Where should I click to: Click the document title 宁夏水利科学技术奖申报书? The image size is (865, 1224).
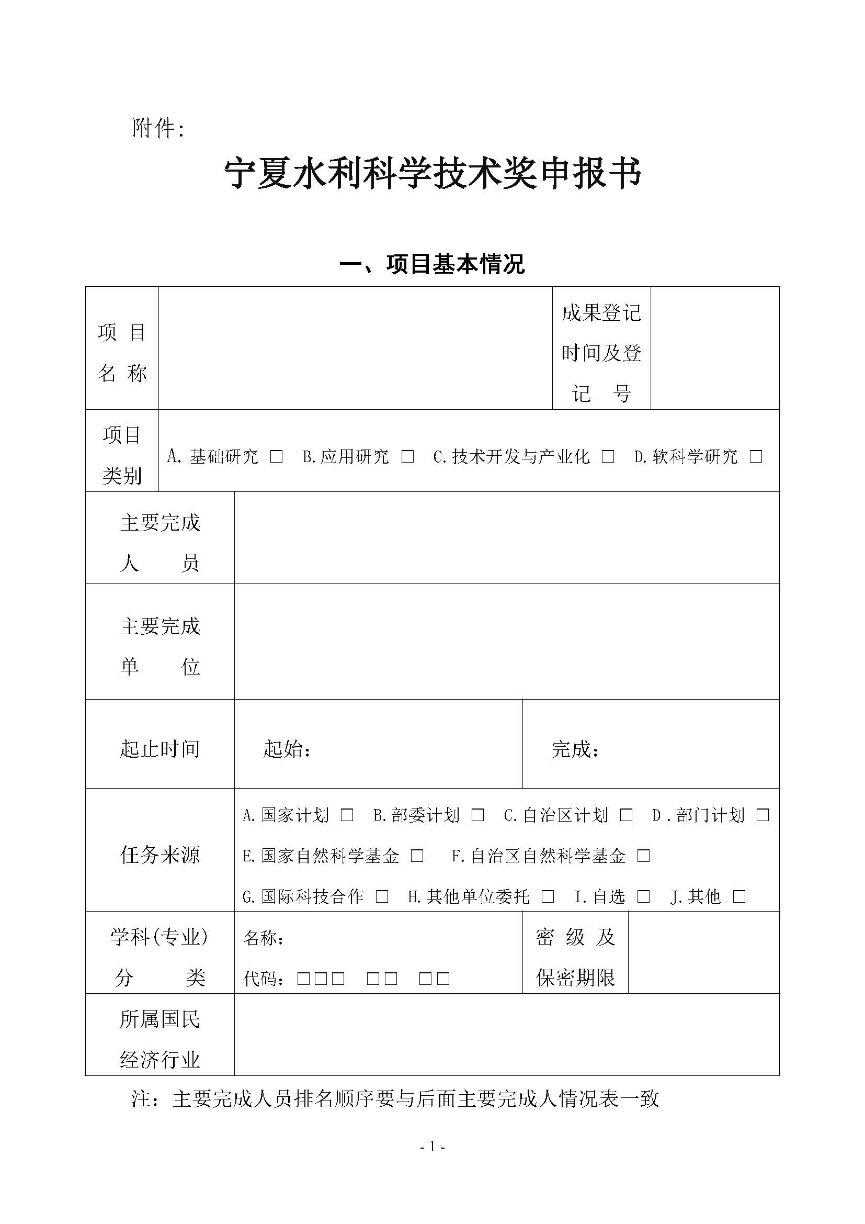tap(432, 174)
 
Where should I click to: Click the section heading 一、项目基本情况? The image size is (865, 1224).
tap(432, 264)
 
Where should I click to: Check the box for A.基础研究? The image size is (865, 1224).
tap(277, 456)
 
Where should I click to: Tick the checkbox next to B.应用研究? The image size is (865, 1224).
tap(407, 456)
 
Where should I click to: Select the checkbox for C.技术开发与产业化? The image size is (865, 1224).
tap(608, 456)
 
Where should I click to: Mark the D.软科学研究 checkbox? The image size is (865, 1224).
tap(756, 456)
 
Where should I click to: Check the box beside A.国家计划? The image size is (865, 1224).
tap(347, 815)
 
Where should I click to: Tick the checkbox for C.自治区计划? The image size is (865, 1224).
tap(626, 815)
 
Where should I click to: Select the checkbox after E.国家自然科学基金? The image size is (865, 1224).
tap(417, 856)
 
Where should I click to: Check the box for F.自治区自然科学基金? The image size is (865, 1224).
tap(643, 856)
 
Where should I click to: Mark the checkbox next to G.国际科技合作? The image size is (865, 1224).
tap(382, 897)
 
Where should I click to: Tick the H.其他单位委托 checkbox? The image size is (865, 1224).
tap(548, 897)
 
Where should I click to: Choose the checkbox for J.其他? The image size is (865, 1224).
tap(739, 897)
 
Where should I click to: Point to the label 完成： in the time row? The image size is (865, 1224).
tap(575, 749)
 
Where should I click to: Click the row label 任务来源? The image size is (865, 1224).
tap(160, 855)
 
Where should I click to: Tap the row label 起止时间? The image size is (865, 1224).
tap(160, 749)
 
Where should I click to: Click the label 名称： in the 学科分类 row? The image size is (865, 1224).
tap(264, 938)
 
